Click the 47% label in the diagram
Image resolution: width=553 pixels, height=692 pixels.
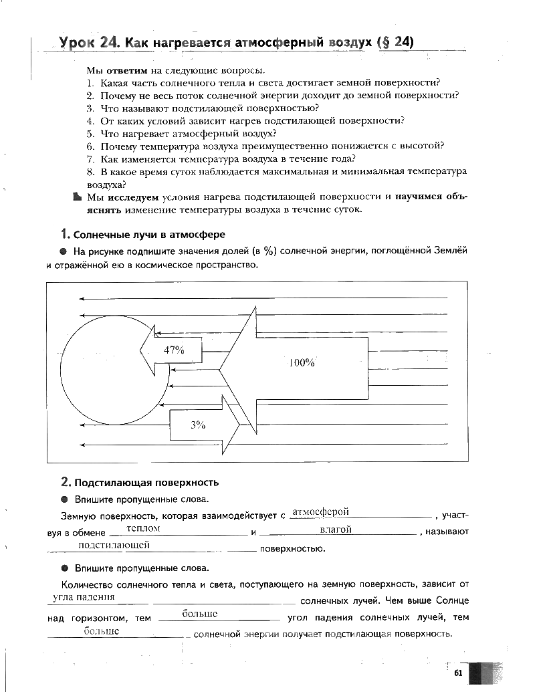click(173, 350)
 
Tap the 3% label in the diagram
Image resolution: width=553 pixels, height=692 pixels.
click(198, 424)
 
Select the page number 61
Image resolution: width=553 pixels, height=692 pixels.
click(458, 673)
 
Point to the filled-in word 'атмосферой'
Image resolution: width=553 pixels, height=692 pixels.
click(321, 511)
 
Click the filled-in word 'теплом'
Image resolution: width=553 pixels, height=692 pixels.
click(143, 528)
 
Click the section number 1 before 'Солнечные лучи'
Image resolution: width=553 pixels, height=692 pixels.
click(64, 235)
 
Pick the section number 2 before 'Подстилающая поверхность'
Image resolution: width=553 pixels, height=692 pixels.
click(65, 482)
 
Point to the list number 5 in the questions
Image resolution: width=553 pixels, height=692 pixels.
click(90, 133)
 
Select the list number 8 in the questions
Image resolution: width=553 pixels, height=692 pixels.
click(90, 171)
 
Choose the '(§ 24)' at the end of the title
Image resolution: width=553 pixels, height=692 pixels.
click(395, 43)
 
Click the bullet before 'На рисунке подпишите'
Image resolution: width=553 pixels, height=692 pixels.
click(63, 251)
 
